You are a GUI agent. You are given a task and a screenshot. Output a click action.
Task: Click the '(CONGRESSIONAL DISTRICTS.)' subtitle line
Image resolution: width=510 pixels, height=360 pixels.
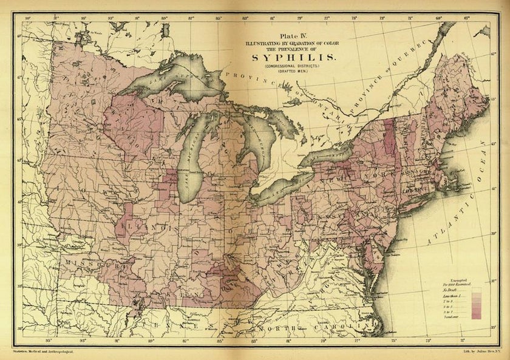click(x=293, y=66)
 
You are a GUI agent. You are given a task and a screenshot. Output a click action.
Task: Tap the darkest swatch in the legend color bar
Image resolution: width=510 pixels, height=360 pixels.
click(x=476, y=315)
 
